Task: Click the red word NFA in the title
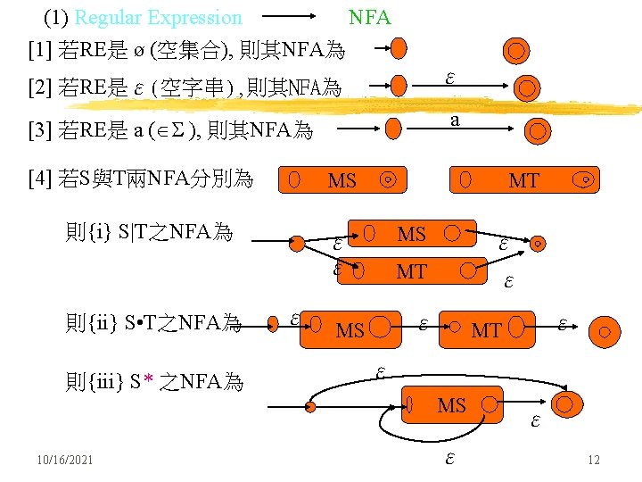(x=369, y=18)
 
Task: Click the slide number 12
(x=594, y=461)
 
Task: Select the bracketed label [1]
(x=40, y=48)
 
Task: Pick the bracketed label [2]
(x=40, y=88)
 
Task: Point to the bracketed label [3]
(x=40, y=132)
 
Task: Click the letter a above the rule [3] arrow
(x=455, y=119)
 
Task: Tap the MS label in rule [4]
(x=342, y=181)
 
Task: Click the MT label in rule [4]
(x=523, y=181)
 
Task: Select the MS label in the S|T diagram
(x=411, y=235)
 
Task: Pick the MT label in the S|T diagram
(x=411, y=271)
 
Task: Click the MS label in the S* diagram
(x=451, y=406)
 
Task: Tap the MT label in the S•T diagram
(x=486, y=331)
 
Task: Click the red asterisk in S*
(x=149, y=383)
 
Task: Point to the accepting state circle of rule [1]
(x=515, y=50)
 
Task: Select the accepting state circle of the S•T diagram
(x=604, y=333)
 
